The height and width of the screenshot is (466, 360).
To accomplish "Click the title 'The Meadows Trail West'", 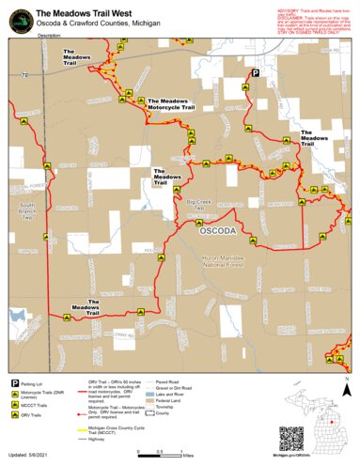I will tap(90, 12).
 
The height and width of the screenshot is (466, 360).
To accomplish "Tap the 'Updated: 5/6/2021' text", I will tap(34, 455).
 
